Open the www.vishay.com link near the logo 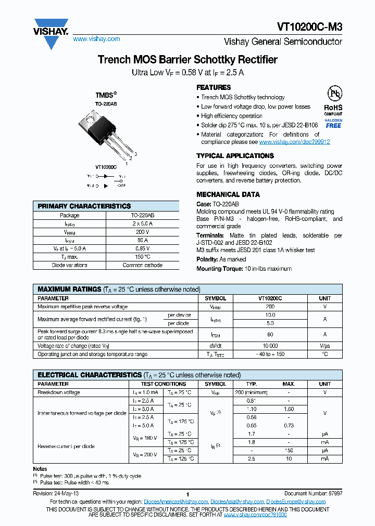pyautogui.click(x=96, y=39)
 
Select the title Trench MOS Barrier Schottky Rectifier pyautogui.click(x=187, y=60)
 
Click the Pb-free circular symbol pyautogui.click(x=334, y=94)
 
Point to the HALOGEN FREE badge pyautogui.click(x=333, y=123)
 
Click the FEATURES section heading pyautogui.click(x=214, y=87)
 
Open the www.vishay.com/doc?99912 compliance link pyautogui.click(x=294, y=142)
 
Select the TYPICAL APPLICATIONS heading pyautogui.click(x=235, y=156)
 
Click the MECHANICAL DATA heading pyautogui.click(x=228, y=194)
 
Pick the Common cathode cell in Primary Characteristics pyautogui.click(x=142, y=265)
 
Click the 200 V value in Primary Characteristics pyautogui.click(x=142, y=232)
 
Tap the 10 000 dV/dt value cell pyautogui.click(x=270, y=346)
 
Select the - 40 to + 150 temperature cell pyautogui.click(x=270, y=354)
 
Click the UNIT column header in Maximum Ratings pyautogui.click(x=324, y=298)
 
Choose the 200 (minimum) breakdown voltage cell pyautogui.click(x=252, y=392)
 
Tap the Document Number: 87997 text pyautogui.click(x=313, y=493)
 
